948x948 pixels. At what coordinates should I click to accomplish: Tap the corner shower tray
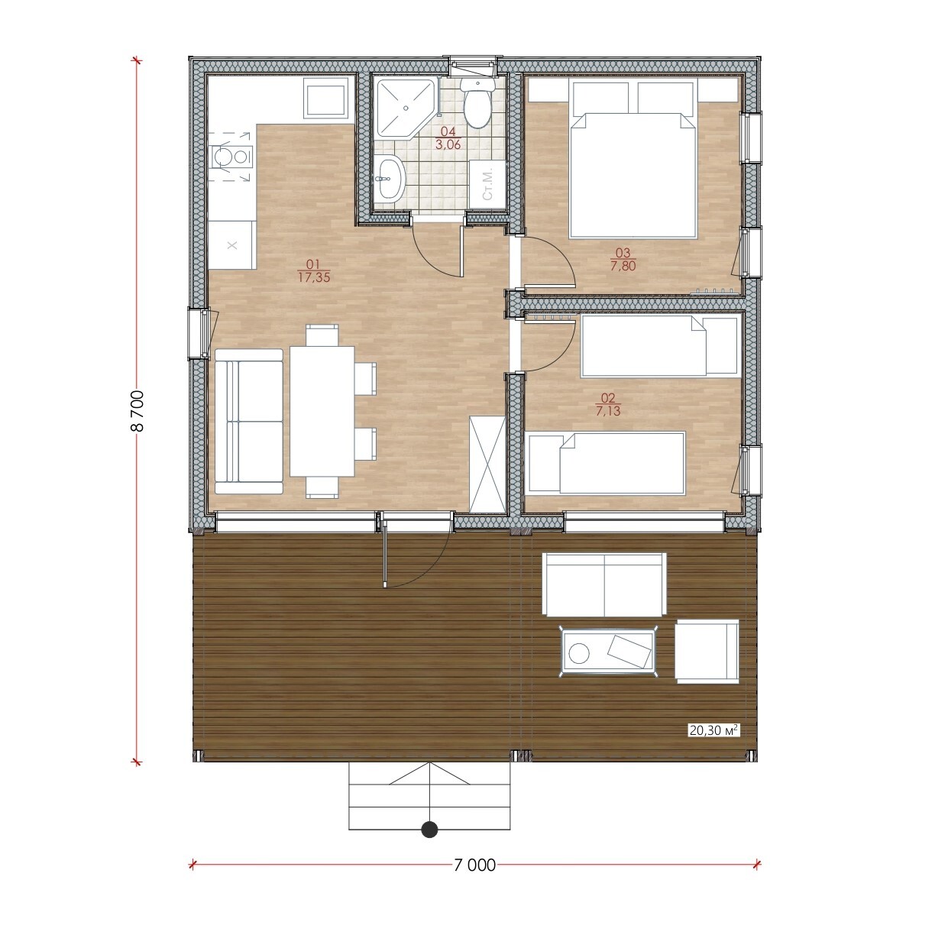tap(403, 107)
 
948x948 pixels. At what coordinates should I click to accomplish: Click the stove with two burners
tap(231, 157)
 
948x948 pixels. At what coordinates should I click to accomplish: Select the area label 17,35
tap(313, 277)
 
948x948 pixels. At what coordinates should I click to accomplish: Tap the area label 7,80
tap(623, 266)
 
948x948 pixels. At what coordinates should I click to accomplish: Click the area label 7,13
tap(608, 411)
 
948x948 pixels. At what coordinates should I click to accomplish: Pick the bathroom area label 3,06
tap(448, 144)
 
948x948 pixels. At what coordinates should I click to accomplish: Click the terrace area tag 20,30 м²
tap(713, 744)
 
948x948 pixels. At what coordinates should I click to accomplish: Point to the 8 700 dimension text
tap(138, 411)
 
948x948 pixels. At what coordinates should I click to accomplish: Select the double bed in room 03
tap(633, 158)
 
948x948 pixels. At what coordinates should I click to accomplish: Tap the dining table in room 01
tap(322, 411)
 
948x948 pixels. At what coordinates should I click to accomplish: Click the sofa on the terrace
tap(604, 584)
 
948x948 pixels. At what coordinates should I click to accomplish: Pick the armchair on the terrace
tap(707, 652)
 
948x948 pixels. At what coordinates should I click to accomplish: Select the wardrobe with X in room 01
tap(487, 464)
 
